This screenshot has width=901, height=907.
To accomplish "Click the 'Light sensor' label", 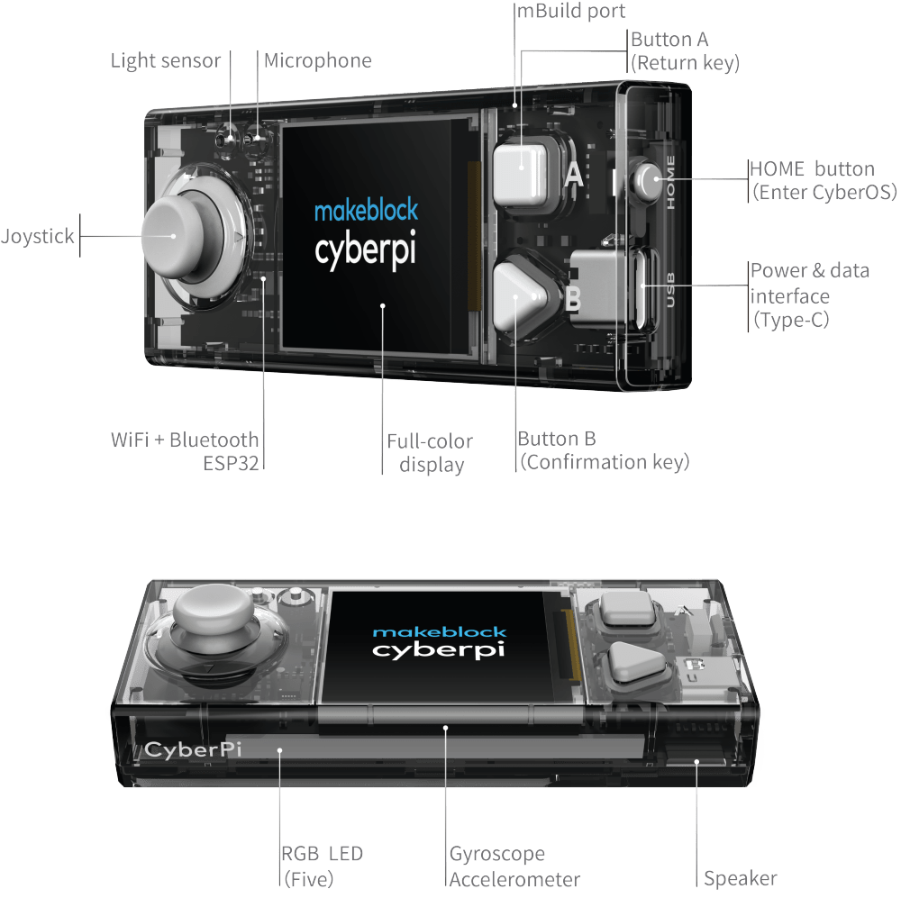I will [165, 61].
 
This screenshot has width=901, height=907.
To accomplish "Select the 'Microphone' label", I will [317, 61].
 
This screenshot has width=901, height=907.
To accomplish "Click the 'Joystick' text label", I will [38, 238].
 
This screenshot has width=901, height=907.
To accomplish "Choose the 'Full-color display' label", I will [431, 452].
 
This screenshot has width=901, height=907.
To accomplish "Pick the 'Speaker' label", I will [741, 877].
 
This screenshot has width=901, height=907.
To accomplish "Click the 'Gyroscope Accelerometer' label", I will [514, 866].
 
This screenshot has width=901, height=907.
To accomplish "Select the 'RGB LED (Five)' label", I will [323, 866].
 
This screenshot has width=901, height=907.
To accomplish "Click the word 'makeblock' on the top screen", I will [366, 211].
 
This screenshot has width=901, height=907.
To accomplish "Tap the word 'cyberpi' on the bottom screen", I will [439, 650].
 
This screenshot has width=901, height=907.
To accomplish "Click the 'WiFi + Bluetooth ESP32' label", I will [186, 451].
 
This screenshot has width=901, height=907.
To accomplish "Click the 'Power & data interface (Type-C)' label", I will [809, 295].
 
